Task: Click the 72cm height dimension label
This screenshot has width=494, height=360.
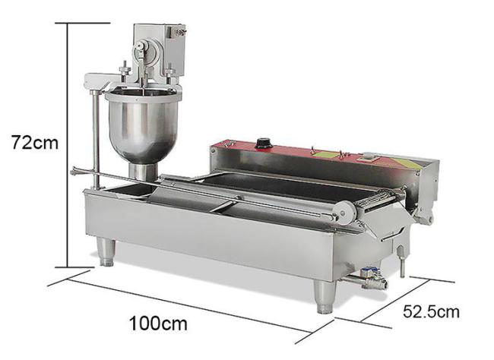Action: point(35,142)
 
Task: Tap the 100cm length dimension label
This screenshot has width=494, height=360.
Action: point(159,323)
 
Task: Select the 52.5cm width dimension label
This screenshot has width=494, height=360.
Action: point(431,311)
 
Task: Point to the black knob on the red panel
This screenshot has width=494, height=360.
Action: point(262,144)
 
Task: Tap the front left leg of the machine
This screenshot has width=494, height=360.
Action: point(106,251)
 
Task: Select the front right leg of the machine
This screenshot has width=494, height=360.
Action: point(325,296)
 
